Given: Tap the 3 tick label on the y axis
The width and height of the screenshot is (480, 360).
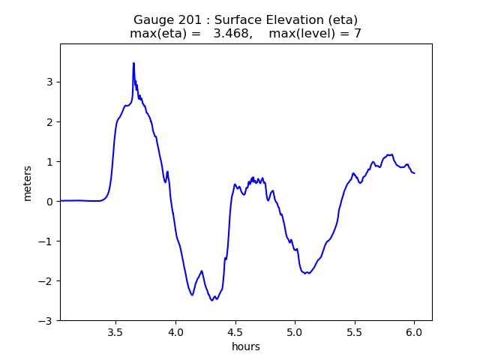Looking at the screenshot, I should (x=50, y=82).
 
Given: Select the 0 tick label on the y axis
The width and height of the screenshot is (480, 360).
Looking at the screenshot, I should (x=50, y=201).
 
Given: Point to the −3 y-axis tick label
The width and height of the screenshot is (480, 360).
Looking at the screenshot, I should (x=46, y=320).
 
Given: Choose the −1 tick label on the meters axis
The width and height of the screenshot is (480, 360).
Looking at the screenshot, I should (x=46, y=241).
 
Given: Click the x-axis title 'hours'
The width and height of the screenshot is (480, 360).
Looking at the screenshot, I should (x=246, y=346).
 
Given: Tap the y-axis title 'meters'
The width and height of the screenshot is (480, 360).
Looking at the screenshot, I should (x=28, y=183).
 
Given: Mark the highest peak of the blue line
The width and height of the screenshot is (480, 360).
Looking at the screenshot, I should (x=133, y=64).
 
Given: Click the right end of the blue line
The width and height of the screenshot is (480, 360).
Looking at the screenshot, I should (x=414, y=173).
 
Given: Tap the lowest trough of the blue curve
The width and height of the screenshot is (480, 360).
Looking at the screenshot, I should (x=212, y=300).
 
